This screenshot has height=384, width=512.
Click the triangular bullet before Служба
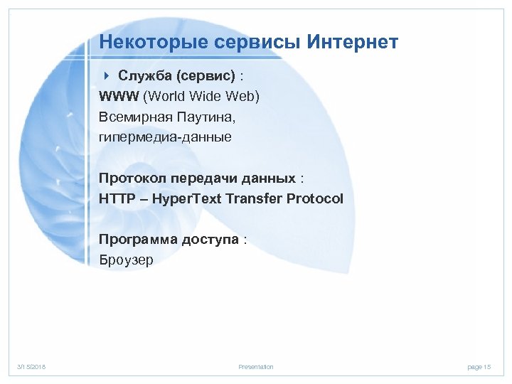click(107, 76)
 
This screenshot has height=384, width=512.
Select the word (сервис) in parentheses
click(201, 76)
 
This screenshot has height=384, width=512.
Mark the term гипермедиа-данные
click(166, 137)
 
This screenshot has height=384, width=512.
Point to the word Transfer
click(255, 198)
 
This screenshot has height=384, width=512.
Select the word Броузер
click(126, 260)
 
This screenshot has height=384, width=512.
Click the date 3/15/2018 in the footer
click(32, 367)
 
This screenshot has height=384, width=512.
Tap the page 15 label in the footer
click(479, 367)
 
